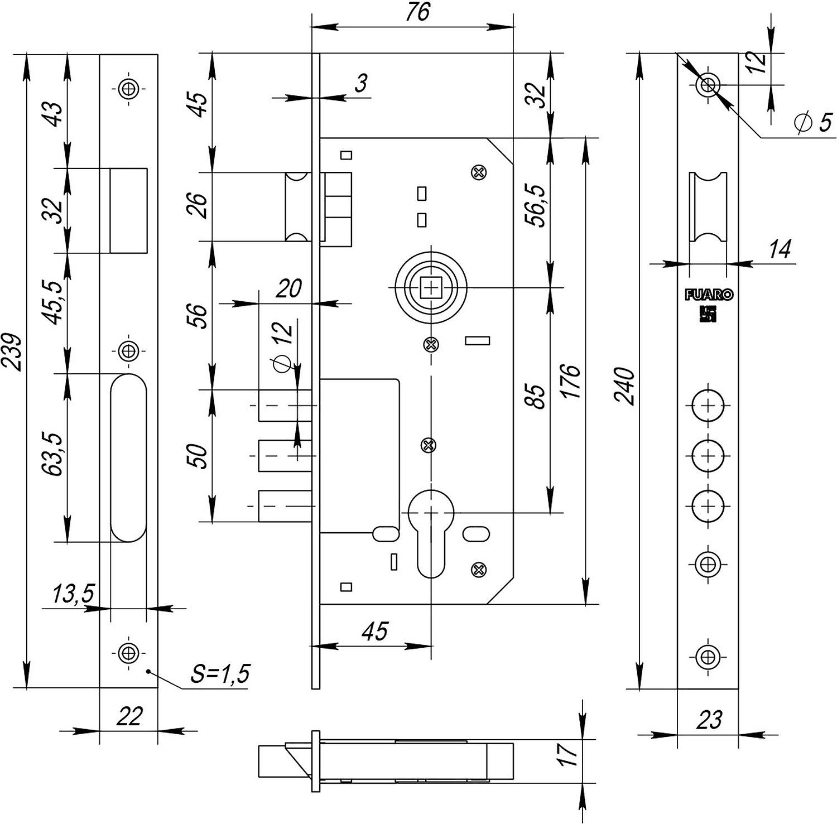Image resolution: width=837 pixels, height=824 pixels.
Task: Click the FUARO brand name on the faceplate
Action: coord(709,295)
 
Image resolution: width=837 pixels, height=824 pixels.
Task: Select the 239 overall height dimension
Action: coord(12,353)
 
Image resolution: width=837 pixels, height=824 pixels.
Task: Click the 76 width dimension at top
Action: coord(417,12)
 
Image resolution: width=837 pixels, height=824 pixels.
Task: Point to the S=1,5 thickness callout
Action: coord(220,673)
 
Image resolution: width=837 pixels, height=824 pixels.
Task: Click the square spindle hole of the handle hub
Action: coord(431,287)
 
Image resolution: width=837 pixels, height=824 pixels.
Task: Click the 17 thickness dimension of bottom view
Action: coord(569,754)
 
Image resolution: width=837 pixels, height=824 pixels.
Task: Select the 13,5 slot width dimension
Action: coord(73,594)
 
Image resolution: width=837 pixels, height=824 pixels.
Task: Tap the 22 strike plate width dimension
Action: coord(129,716)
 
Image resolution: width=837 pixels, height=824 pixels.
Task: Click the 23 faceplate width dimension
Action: coord(709,720)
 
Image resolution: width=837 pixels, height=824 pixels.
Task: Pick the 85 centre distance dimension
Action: coord(537,396)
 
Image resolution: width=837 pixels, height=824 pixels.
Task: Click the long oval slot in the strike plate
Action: coord(128,457)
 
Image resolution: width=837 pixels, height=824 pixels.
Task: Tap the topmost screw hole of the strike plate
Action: coord(129,88)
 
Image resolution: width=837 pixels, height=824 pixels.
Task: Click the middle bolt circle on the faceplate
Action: coord(708,455)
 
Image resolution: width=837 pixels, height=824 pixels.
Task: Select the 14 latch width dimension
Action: coord(780,249)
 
